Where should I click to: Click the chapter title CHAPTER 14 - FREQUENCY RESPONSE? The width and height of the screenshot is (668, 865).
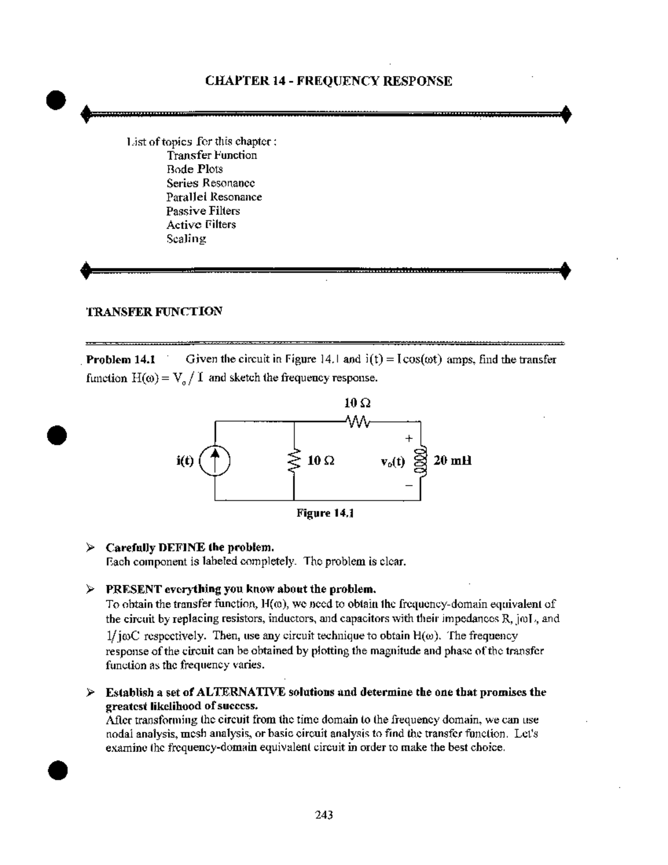click(328, 81)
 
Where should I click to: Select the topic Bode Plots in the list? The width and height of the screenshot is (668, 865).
click(194, 169)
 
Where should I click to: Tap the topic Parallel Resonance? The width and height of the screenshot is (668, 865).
click(214, 197)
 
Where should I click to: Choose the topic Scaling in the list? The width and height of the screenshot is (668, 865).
click(186, 239)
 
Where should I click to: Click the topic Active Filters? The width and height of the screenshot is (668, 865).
click(201, 225)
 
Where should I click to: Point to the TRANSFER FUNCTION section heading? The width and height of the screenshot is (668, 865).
click(154, 311)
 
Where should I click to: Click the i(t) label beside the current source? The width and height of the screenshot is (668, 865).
click(185, 461)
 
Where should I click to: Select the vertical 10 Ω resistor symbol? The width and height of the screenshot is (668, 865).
click(294, 461)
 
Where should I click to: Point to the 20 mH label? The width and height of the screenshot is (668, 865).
click(453, 461)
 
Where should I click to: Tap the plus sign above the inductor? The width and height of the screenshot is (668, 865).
click(409, 438)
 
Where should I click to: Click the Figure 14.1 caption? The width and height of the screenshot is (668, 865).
click(325, 513)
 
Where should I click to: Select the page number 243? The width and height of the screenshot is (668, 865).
click(324, 815)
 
